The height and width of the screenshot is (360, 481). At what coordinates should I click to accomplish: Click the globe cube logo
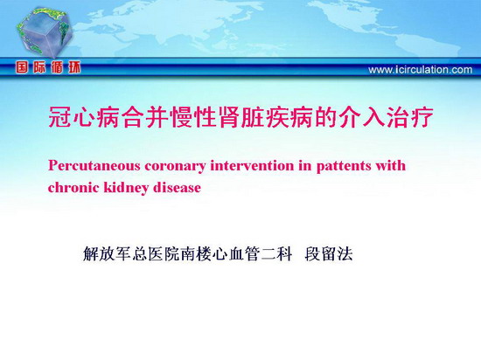click(45, 32)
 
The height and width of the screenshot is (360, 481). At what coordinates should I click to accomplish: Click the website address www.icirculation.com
click(421, 70)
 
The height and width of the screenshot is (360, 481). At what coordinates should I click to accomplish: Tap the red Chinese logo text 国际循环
click(48, 67)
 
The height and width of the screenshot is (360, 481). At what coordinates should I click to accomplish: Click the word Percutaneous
click(94, 166)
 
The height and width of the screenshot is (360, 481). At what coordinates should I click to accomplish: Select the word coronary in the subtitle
click(175, 167)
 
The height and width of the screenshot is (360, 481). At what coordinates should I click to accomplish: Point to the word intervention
click(252, 166)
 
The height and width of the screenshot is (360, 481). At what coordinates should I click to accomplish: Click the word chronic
click(73, 187)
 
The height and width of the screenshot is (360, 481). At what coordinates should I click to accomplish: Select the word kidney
click(126, 188)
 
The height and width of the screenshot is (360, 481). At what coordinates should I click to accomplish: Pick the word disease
click(177, 187)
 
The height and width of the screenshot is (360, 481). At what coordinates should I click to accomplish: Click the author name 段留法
click(329, 254)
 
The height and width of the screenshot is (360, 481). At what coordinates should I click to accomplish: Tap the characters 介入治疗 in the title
click(387, 117)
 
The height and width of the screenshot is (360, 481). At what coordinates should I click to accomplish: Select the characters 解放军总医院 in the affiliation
click(131, 254)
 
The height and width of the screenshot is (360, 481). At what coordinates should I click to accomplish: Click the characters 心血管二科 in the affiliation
click(252, 254)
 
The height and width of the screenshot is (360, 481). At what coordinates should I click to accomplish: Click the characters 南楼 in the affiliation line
click(196, 254)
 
